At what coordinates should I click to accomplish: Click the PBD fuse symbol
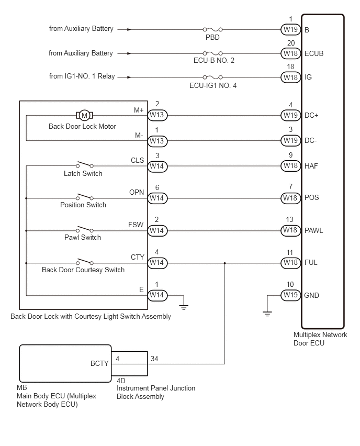click(x=212, y=29)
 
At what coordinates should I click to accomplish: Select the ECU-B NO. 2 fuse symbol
click(x=212, y=53)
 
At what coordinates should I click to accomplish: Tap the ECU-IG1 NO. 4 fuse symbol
click(x=212, y=77)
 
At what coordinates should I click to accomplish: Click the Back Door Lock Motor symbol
click(x=84, y=115)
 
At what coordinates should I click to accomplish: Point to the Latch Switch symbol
click(x=84, y=164)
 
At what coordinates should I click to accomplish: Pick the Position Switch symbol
click(x=84, y=197)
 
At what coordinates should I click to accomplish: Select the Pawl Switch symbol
click(x=84, y=229)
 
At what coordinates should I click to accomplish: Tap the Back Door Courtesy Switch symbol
click(x=84, y=262)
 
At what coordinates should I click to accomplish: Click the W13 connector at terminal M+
click(x=157, y=115)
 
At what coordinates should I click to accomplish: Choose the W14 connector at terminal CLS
click(x=157, y=166)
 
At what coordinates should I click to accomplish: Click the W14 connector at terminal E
click(x=157, y=295)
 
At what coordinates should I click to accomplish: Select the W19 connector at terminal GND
click(x=290, y=295)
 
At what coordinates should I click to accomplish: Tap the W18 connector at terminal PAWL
click(x=290, y=230)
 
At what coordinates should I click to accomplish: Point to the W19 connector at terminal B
click(x=290, y=29)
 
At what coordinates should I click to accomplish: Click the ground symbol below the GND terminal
click(x=267, y=314)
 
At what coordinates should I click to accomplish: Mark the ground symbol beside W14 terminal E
click(x=184, y=307)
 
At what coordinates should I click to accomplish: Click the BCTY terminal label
click(x=99, y=363)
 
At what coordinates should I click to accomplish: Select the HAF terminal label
click(x=311, y=166)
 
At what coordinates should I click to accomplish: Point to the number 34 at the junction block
click(x=154, y=359)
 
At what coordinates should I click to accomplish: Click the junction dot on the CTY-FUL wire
click(x=224, y=263)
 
